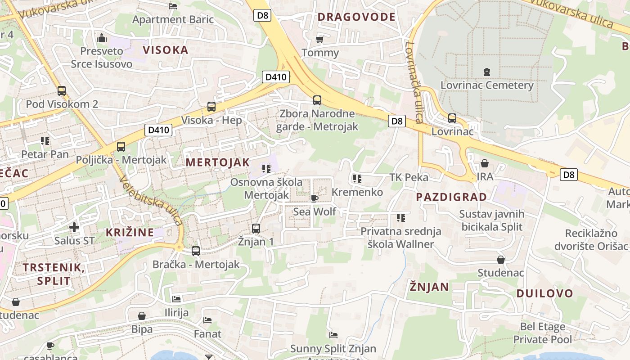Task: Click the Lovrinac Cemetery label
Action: [487, 85]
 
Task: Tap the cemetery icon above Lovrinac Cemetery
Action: [486, 72]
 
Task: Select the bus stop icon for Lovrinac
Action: [452, 118]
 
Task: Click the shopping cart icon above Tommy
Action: [320, 39]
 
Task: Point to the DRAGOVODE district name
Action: [356, 17]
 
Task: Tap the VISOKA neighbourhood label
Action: [166, 49]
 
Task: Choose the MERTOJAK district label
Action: [217, 162]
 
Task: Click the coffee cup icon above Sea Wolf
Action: [315, 198]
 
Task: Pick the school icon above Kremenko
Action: [357, 179]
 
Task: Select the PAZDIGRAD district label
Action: [451, 197]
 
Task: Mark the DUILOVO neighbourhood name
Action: [544, 293]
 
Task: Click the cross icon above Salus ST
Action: [74, 227]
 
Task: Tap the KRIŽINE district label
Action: [130, 233]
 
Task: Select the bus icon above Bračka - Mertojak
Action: [196, 251]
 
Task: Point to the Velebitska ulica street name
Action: [151, 200]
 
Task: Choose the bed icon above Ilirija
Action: [176, 299]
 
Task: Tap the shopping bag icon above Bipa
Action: [142, 316]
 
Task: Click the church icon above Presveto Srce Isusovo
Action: [102, 38]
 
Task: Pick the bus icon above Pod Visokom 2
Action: [62, 91]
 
